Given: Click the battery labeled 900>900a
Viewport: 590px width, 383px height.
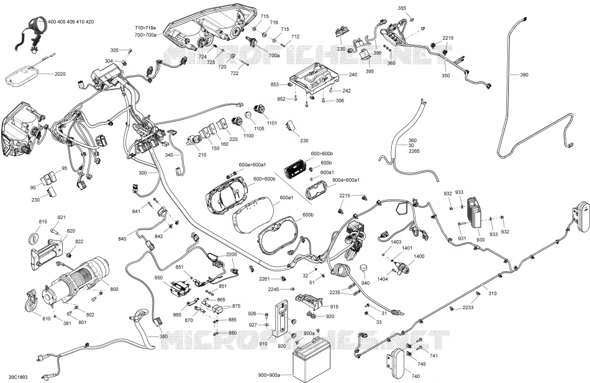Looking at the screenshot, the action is click(x=312, y=363).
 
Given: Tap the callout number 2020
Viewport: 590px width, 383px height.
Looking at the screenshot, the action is click(x=60, y=74).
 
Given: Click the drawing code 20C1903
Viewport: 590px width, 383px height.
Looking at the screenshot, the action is click(x=17, y=377).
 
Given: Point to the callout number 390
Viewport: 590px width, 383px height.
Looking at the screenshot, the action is click(x=524, y=75).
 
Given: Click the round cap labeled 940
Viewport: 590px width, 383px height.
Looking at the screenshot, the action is click(x=364, y=269).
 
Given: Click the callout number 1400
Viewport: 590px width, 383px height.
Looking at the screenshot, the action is click(x=419, y=256).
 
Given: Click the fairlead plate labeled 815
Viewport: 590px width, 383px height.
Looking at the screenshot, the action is click(x=34, y=237).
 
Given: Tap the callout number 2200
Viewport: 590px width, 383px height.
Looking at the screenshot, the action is click(x=232, y=255).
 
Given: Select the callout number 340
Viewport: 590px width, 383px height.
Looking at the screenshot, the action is click(x=169, y=155).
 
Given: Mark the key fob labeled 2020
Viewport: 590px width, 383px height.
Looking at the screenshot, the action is click(x=22, y=74).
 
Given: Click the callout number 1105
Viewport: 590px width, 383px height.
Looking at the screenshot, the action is click(x=259, y=128).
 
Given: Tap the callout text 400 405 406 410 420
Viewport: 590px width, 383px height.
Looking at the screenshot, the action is click(x=71, y=22).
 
